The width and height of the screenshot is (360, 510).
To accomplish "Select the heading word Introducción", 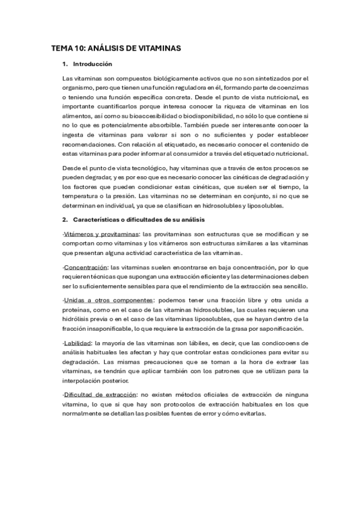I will pyautogui.click(x=92, y=64).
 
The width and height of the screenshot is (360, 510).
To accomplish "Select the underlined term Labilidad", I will pyautogui.click(x=76, y=343).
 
